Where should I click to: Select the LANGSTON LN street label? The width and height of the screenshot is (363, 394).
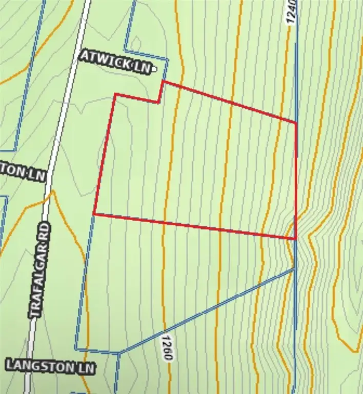50,366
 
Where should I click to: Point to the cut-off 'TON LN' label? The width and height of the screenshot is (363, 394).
23,172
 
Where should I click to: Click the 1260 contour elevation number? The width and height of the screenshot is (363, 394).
165,349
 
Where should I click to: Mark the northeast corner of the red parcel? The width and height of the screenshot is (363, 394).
296,123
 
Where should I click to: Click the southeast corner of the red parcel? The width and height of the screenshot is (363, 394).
296,239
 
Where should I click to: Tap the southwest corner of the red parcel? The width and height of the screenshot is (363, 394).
94,214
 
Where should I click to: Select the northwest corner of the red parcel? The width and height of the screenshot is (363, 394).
115,94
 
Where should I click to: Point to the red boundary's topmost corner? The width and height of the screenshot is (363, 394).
163,81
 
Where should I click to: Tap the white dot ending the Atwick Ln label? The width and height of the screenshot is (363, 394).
153,68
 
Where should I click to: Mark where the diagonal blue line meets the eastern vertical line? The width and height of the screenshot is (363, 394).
295,268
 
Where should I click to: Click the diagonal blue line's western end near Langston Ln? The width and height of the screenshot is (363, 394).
119,352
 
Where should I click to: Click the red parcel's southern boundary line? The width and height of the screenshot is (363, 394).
195,226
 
